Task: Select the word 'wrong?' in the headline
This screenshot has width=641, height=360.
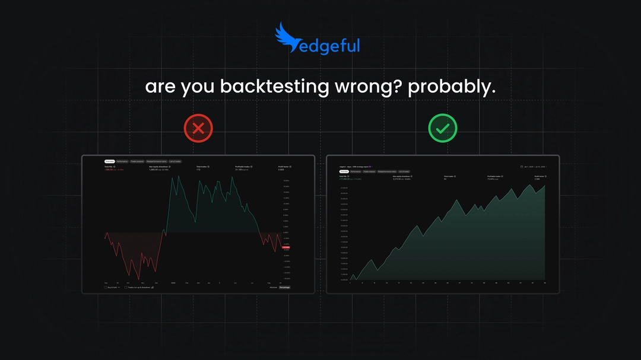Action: pyautogui.click(x=370, y=87)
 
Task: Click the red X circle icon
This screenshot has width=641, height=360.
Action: pyautogui.click(x=198, y=128)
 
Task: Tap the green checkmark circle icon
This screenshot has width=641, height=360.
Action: pyautogui.click(x=443, y=128)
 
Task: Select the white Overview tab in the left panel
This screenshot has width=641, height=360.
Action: pyautogui.click(x=109, y=161)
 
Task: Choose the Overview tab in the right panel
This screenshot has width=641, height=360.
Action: pyautogui.click(x=344, y=172)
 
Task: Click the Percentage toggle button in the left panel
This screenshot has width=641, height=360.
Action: pyautogui.click(x=289, y=287)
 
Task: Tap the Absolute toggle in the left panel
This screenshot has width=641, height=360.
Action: pyautogui.click(x=274, y=287)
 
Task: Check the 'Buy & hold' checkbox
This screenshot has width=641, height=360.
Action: pyautogui.click(x=106, y=287)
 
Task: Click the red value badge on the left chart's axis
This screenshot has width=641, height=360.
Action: pyautogui.click(x=286, y=247)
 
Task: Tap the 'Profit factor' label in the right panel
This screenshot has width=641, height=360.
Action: pyautogui.click(x=540, y=176)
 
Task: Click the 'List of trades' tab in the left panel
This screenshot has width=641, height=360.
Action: pyautogui.click(x=174, y=161)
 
